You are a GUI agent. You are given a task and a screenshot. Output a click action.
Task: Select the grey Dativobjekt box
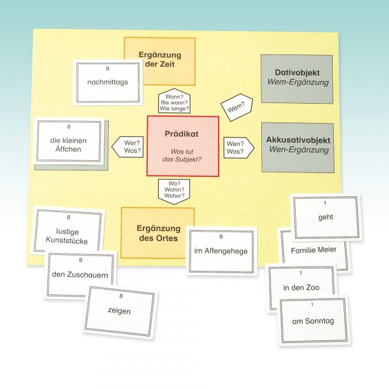[x=297, y=78]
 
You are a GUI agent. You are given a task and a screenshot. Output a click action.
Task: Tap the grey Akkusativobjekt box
[x=297, y=147]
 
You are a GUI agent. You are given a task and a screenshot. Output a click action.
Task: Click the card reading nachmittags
[x=108, y=82]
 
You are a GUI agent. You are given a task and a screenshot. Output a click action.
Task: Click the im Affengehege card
[x=220, y=251]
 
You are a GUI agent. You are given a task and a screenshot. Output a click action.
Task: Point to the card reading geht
[x=326, y=217]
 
